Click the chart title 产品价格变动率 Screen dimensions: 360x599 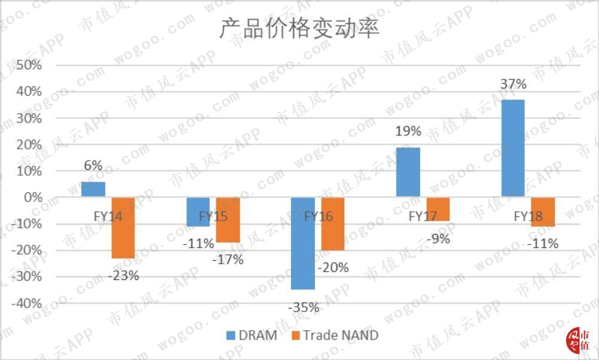tap(299, 28)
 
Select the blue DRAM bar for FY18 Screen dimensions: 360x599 tap(512, 148)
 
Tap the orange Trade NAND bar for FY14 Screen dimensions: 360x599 tap(123, 228)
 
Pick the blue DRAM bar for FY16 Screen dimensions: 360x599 tap(303, 243)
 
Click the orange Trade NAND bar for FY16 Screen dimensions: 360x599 tap(333, 224)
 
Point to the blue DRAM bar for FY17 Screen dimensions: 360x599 tap(408, 172)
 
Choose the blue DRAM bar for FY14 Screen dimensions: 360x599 tap(93, 190)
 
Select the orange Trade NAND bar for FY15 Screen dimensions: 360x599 tap(228, 220)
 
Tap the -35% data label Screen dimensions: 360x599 tap(303, 308)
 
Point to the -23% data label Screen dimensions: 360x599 tap(123, 276)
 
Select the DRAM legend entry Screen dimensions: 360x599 tap(251, 335)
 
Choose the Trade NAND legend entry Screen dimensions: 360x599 tap(334, 335)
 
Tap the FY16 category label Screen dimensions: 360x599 tap(318, 216)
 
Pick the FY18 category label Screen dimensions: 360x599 tap(528, 216)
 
